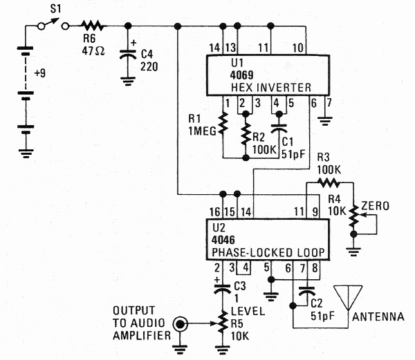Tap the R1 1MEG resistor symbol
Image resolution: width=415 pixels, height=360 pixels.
(x=223, y=125)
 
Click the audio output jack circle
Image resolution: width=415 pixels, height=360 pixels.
(x=182, y=322)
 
